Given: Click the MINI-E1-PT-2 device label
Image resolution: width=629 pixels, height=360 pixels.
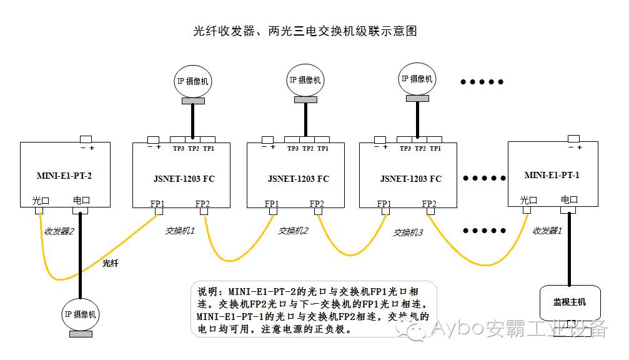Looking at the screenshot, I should click(64, 175).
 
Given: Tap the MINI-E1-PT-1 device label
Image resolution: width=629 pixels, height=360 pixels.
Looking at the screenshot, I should click(552, 175).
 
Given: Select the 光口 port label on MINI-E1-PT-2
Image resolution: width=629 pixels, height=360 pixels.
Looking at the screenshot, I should click(41, 201).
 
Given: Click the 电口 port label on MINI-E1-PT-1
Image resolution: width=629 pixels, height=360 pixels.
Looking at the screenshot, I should click(569, 200).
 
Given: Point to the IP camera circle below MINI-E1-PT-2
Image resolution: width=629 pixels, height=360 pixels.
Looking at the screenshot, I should click(80, 314).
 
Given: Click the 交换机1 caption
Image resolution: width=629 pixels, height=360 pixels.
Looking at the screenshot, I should click(180, 230).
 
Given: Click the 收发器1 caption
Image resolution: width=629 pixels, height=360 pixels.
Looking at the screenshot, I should click(548, 230).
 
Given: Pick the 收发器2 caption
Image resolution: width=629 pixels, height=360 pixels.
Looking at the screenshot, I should click(59, 231).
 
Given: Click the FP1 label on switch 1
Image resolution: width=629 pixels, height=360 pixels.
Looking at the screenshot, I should click(157, 203).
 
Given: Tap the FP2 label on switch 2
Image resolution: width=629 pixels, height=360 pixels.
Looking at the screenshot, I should click(317, 204).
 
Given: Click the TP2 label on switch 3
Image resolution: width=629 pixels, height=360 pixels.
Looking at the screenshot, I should click(420, 149).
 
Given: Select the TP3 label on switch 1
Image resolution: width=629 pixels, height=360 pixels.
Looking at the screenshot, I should click(179, 149).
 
